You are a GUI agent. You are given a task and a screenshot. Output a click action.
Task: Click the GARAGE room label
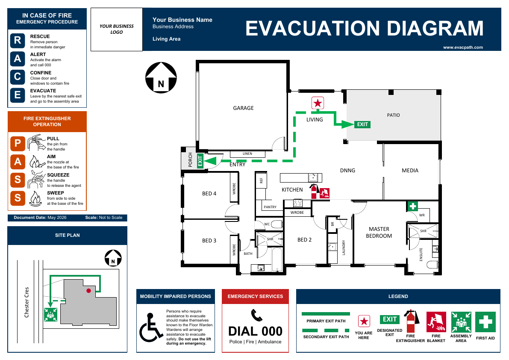coord(243,108)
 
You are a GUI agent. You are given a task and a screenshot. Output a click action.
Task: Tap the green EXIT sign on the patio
coord(362,124)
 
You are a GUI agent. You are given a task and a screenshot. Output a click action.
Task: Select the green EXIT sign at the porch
coord(200,161)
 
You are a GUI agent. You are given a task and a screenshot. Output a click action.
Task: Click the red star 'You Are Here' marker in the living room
coord(318,103)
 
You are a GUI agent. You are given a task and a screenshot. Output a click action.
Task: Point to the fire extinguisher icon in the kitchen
coord(314,191)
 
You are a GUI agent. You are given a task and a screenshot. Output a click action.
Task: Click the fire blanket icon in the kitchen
coord(325,193)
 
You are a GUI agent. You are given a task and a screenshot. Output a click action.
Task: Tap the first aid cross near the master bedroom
coord(412,206)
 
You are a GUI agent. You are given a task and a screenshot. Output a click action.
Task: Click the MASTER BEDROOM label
coord(379,233)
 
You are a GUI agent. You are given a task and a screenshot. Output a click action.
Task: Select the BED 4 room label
coord(209,194)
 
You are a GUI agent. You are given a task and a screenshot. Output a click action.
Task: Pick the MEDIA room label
coord(410,171)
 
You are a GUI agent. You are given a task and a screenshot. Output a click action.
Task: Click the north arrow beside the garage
coord(161,77)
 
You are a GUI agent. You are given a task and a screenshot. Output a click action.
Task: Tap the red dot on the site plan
coord(88,291)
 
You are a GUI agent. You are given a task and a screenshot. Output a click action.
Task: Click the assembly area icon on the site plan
coord(50,315)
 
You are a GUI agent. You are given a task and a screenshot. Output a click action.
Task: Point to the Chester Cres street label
coord(26,302)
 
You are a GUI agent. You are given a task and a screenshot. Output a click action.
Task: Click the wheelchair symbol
coord(151,327)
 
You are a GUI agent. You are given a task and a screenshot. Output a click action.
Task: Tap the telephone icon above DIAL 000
coord(256,315)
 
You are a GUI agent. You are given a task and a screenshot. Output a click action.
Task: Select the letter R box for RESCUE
coord(18,40)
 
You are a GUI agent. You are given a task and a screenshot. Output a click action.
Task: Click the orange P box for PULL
coord(18,143)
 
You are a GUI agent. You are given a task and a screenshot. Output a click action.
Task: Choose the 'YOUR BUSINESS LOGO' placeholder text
coord(117,29)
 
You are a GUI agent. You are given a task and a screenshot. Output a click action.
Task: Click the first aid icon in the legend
coord(485,322)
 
